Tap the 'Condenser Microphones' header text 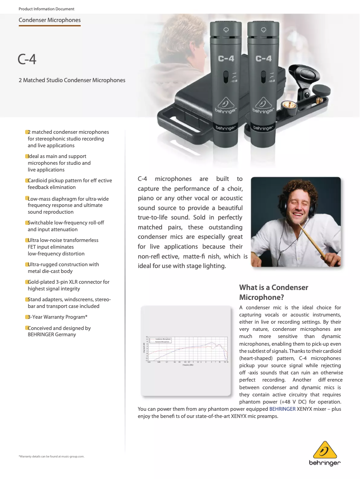tap(49, 20)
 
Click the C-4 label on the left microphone tap(226, 58)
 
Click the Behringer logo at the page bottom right tap(325, 453)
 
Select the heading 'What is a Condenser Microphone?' tap(273, 292)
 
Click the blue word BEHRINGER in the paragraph tap(282, 409)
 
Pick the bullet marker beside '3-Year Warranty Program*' tap(26, 317)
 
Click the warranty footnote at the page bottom tap(51, 457)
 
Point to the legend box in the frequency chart tap(160, 340)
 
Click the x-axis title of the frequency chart tap(188, 365)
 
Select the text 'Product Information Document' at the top tap(46, 9)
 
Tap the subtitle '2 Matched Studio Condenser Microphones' tap(72, 80)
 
